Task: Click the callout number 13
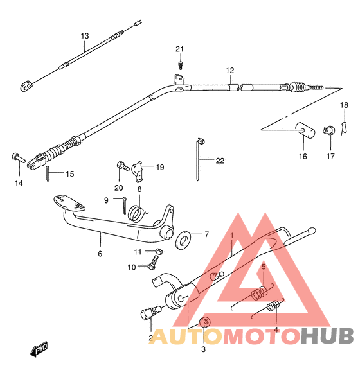85,36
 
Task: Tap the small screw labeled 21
181,64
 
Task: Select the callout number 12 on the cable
230,71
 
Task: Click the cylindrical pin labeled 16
305,130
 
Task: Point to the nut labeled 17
329,130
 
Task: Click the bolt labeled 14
19,158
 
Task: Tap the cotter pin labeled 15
48,173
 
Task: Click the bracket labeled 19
138,171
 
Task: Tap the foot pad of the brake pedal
69,203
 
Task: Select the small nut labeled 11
159,252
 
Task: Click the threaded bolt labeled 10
153,263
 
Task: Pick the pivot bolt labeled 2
150,313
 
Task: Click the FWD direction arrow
39,349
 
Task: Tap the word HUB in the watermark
327,336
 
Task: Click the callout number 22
220,161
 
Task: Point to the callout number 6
100,254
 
